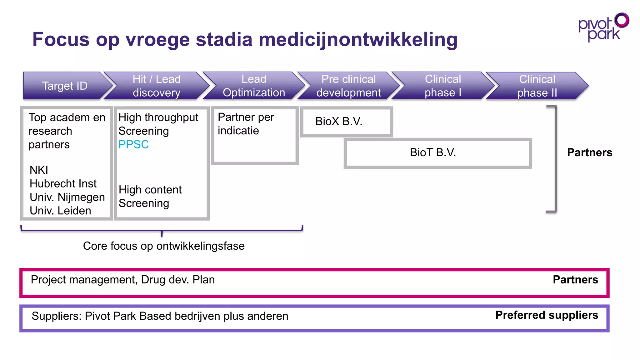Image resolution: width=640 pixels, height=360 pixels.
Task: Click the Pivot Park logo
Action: (603, 27)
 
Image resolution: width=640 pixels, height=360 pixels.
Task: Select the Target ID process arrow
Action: (65, 86)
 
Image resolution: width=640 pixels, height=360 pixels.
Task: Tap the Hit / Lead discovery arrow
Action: (157, 86)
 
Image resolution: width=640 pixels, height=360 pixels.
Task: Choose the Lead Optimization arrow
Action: (254, 86)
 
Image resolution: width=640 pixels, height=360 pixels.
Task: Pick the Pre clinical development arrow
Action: (348, 86)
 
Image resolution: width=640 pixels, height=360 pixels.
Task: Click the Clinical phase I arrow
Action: (443, 86)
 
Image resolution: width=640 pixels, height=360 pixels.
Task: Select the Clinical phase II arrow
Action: (537, 86)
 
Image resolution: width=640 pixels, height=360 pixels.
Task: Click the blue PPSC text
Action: (134, 144)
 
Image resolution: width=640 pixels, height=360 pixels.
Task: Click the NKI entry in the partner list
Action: (39, 170)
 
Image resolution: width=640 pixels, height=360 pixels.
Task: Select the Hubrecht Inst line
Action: (63, 183)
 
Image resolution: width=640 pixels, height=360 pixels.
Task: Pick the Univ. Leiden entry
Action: (60, 211)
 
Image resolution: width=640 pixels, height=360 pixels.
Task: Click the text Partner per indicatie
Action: (246, 124)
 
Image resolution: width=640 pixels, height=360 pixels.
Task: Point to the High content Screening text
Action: (150, 196)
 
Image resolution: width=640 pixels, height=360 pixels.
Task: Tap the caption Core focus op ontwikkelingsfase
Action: (164, 246)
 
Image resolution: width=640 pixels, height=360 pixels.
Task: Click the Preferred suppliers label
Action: (547, 315)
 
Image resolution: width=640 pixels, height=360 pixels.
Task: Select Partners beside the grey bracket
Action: (590, 152)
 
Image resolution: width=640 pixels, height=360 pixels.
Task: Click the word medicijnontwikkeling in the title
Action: (358, 39)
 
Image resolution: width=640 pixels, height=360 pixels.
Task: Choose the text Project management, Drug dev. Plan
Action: (123, 279)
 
